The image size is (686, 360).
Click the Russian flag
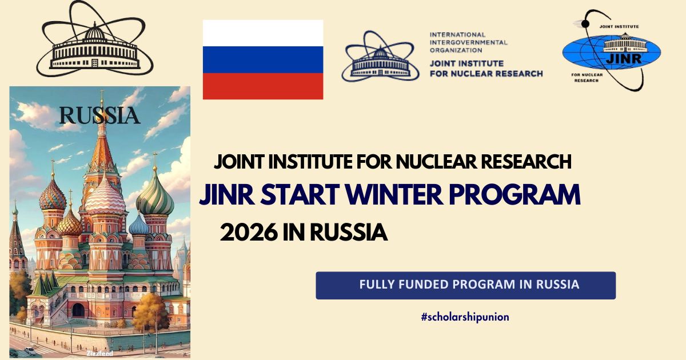coord(263,59)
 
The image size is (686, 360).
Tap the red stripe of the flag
coord(263,86)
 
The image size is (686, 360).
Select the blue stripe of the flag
coord(263,59)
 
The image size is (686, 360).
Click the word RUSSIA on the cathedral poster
coord(100,115)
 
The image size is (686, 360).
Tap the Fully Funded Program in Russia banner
coord(465,285)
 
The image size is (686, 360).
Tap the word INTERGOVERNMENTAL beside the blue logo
coord(468,42)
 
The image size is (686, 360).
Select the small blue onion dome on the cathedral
coord(138,225)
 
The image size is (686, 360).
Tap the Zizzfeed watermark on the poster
coord(100,353)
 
